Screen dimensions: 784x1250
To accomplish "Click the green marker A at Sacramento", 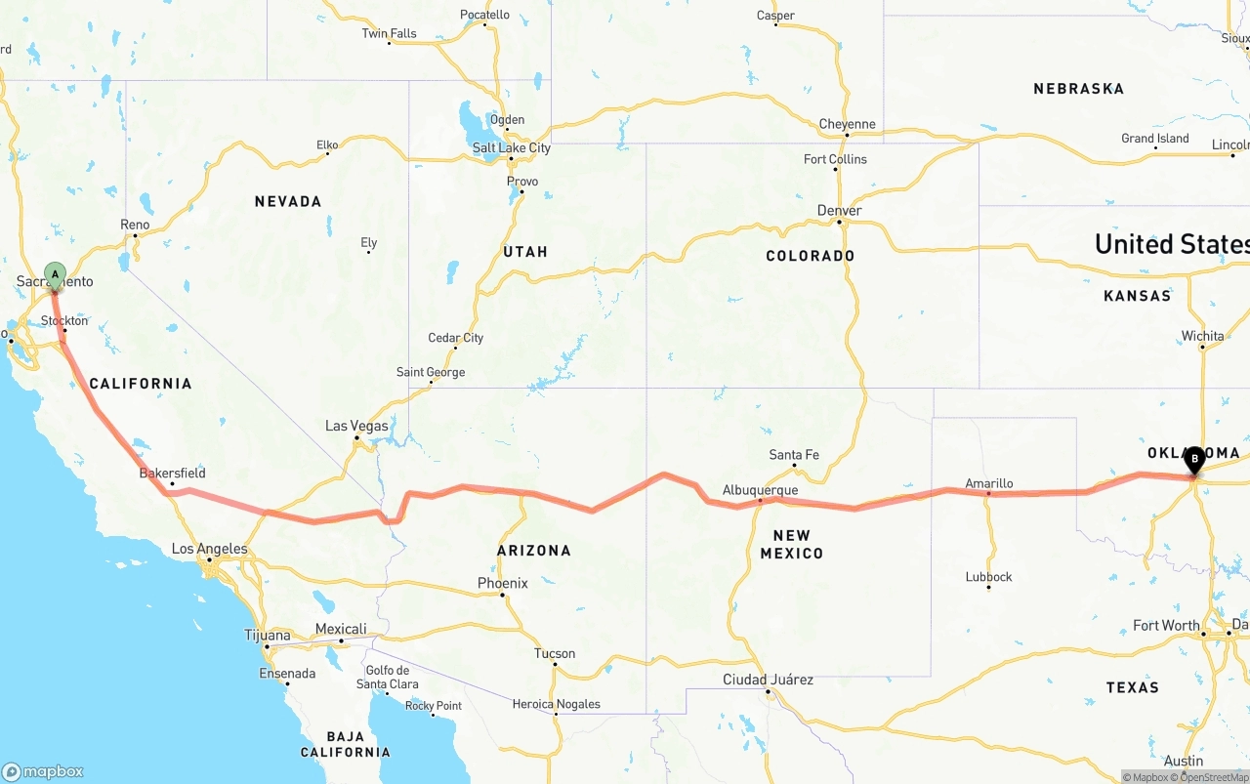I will pyautogui.click(x=55, y=273).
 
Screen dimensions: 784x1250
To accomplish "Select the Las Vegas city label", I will pyautogui.click(x=356, y=426).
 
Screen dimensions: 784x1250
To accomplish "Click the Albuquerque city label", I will pyautogui.click(x=760, y=490).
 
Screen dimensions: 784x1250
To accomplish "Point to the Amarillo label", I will pyautogui.click(x=988, y=483).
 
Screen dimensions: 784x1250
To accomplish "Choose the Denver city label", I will pyautogui.click(x=839, y=211).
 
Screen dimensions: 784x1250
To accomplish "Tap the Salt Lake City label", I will pyautogui.click(x=511, y=148).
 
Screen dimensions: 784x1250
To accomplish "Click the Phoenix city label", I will pyautogui.click(x=502, y=583).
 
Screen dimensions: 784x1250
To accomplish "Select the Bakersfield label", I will pyautogui.click(x=172, y=474).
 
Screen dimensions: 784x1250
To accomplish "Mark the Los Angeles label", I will pyautogui.click(x=209, y=549).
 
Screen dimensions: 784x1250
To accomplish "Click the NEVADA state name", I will pyautogui.click(x=288, y=201).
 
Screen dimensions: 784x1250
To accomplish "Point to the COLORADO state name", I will pyautogui.click(x=810, y=256).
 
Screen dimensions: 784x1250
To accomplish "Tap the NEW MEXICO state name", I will pyautogui.click(x=791, y=544).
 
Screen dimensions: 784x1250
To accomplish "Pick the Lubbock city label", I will pyautogui.click(x=988, y=576).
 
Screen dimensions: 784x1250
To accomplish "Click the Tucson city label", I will pyautogui.click(x=554, y=653).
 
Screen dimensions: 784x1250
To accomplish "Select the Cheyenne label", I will pyautogui.click(x=847, y=124).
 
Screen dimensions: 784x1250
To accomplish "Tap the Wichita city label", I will pyautogui.click(x=1202, y=336).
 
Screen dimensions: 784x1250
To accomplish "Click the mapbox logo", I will pyautogui.click(x=43, y=771).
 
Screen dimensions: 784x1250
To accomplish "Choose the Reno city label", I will pyautogui.click(x=135, y=225).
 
